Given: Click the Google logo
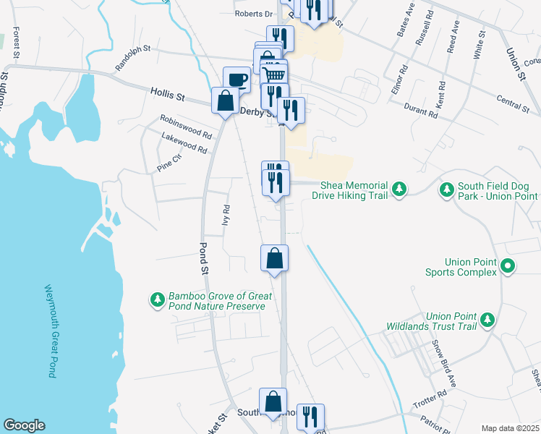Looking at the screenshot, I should click(x=24, y=425).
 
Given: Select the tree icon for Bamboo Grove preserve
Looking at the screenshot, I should click(x=157, y=299).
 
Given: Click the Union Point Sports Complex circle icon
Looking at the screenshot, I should click(x=508, y=266).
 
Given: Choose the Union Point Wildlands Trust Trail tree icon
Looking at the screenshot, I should click(x=487, y=319).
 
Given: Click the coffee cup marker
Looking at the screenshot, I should click(x=237, y=78).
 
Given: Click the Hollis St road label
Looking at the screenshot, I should click(x=168, y=94).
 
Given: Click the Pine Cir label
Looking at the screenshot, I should click(x=169, y=163).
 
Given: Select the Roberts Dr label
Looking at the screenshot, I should click(x=252, y=13).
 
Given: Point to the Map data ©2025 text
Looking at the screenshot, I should click(x=510, y=428).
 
